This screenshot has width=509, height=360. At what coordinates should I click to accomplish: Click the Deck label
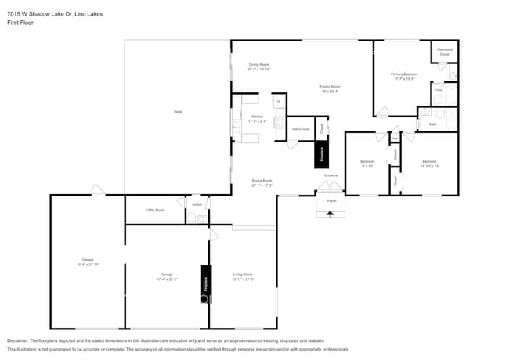pyautogui.click(x=178, y=112)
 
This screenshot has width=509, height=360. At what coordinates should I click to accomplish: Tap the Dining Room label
pyautogui.click(x=258, y=67)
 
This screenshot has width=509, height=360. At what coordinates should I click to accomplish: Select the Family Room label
pyautogui.click(x=330, y=88)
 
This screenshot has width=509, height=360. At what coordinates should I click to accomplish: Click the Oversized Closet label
pyautogui.click(x=444, y=52)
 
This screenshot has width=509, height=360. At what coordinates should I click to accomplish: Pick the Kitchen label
pyautogui.click(x=258, y=119)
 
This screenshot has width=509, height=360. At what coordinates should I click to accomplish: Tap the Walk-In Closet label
pyautogui.click(x=301, y=128)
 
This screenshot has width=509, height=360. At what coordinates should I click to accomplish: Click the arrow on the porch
pyautogui.click(x=329, y=212)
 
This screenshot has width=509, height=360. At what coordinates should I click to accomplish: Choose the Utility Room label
pyautogui.click(x=155, y=210)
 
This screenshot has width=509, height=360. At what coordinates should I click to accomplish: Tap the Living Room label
pyautogui.click(x=243, y=276)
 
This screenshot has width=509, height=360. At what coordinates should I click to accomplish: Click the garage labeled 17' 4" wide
pyautogui.click(x=167, y=276)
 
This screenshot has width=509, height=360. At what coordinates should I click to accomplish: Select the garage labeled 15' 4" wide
pyautogui.click(x=88, y=261)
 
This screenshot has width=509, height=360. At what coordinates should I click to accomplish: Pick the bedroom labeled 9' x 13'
pyautogui.click(x=367, y=164)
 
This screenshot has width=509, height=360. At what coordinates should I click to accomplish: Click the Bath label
pyautogui.click(x=432, y=124)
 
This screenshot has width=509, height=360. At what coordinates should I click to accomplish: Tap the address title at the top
pyautogui.click(x=48, y=13)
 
